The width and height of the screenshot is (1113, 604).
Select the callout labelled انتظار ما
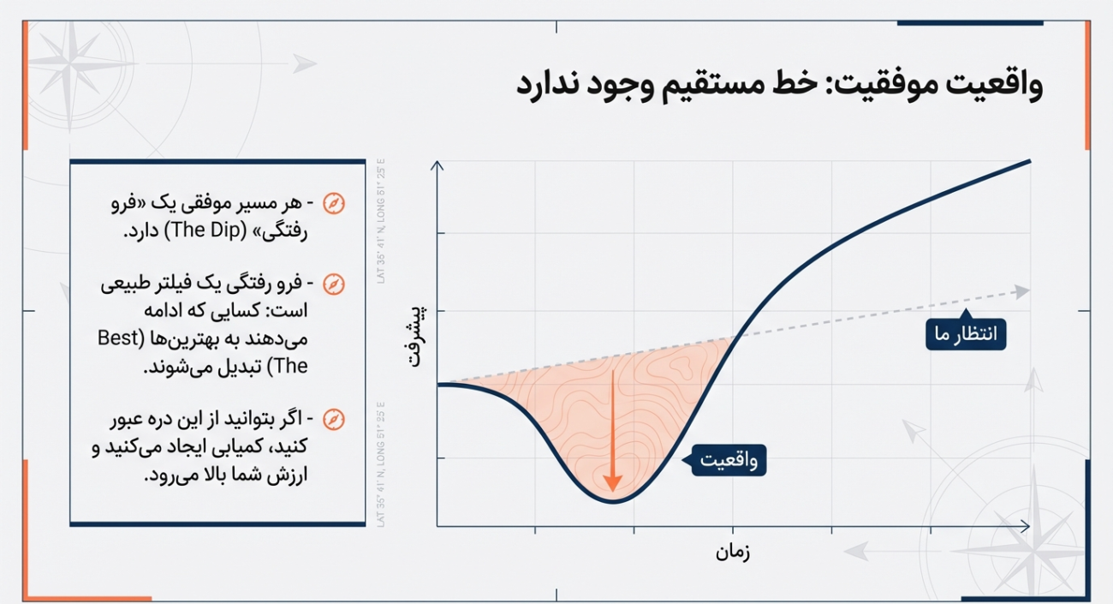pyautogui.click(x=966, y=334)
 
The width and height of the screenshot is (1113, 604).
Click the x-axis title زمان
pyautogui.click(x=733, y=553)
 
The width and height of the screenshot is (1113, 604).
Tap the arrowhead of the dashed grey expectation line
pyautogui.click(x=1022, y=291)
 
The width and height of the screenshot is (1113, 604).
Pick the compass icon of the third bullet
pyautogui.click(x=333, y=419)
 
